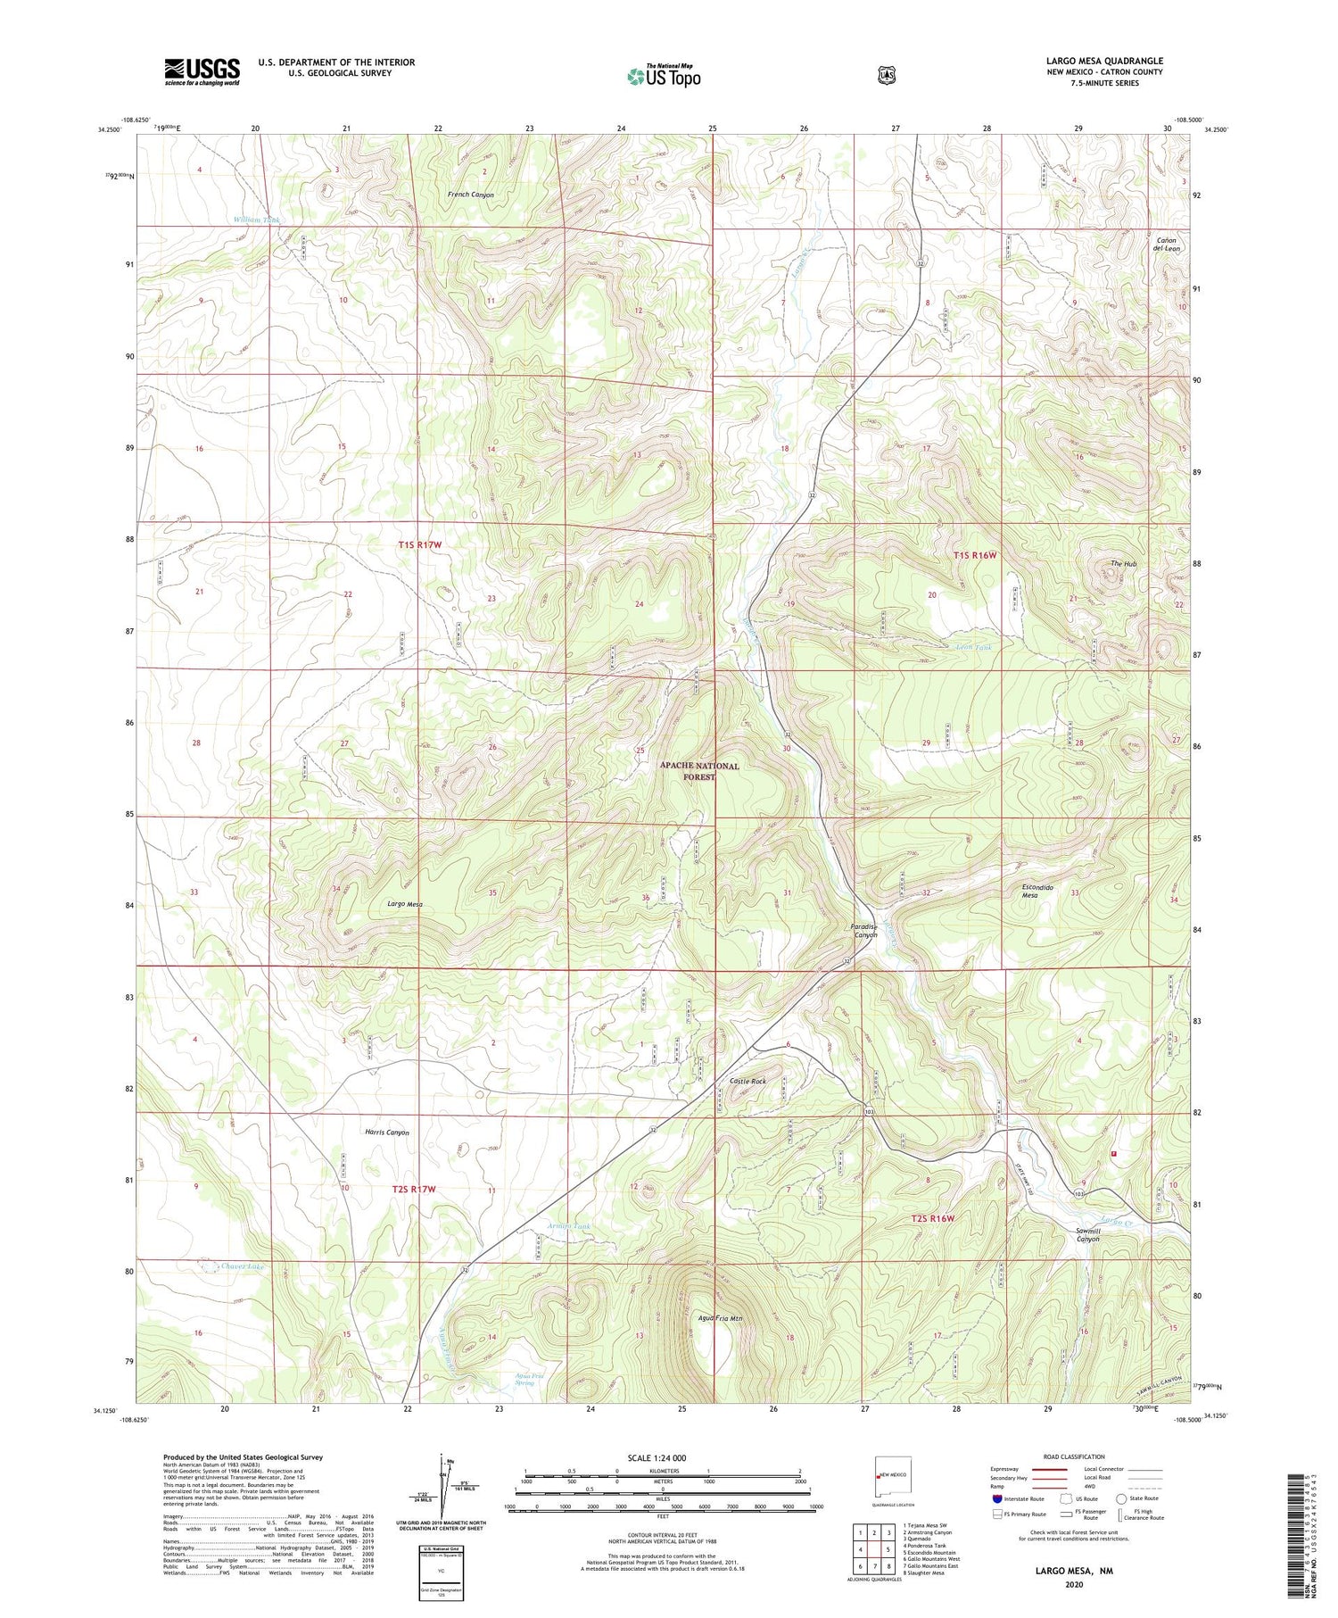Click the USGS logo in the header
coord(202,71)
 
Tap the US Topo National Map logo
coord(665,76)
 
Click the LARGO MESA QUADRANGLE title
coord(1104,61)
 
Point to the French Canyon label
coord(470,195)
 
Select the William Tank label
coord(256,220)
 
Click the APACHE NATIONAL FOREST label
coord(699,771)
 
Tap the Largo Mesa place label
coord(404,904)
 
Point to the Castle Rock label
coord(747,1081)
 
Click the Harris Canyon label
coord(387,1132)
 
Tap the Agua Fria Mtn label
coord(720,1317)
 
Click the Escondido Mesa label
coord(1037,892)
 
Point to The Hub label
coord(1123,563)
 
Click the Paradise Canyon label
coord(865,930)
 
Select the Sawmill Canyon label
coord(1087,1234)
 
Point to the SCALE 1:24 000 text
coord(657,1457)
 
